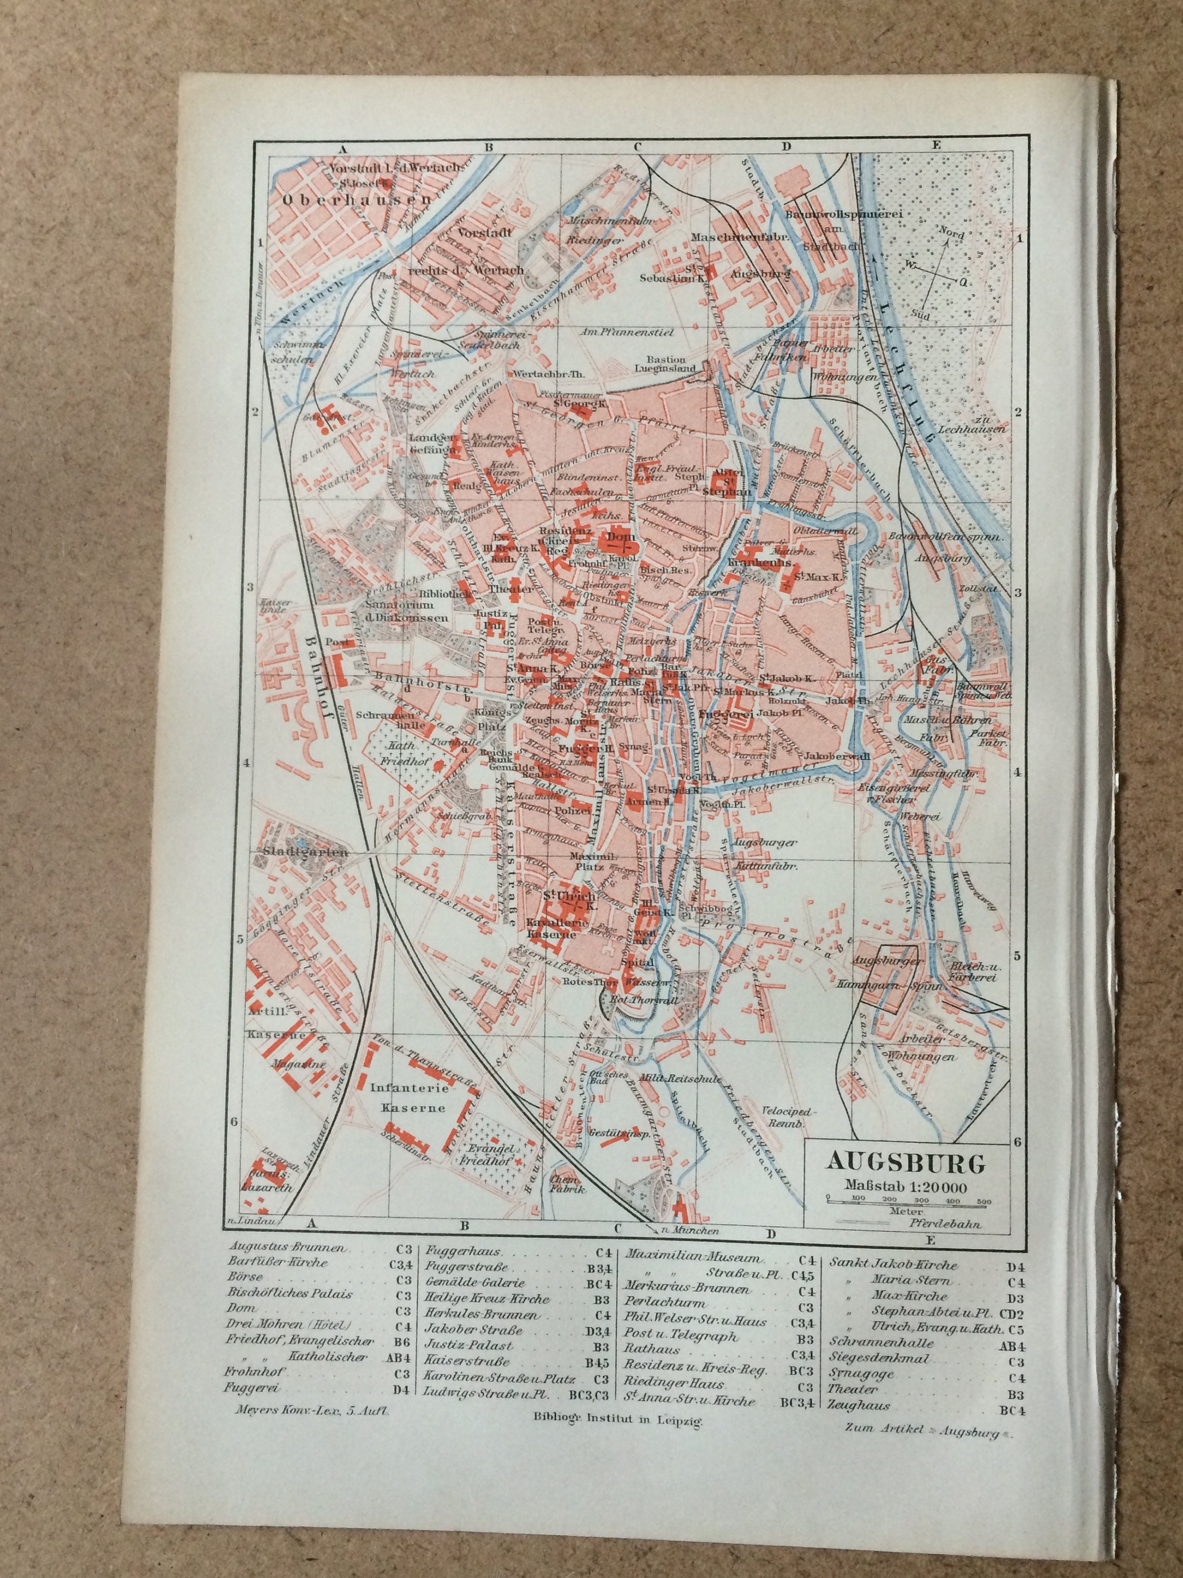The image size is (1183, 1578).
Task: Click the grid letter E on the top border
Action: click(936, 146)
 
